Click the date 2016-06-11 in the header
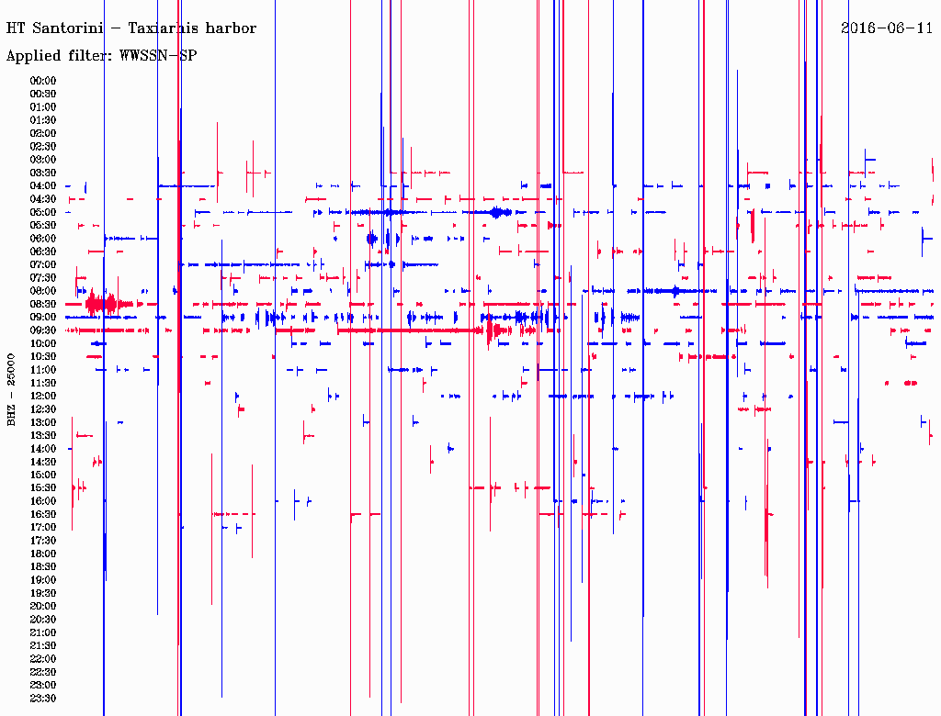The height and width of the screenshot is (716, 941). (887, 28)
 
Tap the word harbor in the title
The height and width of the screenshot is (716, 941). (230, 28)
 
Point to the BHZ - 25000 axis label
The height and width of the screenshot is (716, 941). (12, 389)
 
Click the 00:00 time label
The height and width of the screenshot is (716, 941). (43, 81)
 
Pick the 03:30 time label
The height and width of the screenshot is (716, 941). (43, 173)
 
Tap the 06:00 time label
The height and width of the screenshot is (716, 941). (43, 238)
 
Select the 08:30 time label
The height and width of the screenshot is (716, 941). (43, 304)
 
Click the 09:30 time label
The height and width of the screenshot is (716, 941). (43, 330)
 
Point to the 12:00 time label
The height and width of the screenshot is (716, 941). (43, 396)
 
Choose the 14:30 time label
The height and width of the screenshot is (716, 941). (43, 461)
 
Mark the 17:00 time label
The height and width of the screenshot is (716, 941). (43, 527)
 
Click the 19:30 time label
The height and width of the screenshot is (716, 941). (43, 593)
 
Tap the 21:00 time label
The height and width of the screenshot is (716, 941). (43, 632)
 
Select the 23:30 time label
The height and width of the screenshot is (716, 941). (43, 698)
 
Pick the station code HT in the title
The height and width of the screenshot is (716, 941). (16, 28)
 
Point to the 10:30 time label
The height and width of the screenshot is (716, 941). (43, 356)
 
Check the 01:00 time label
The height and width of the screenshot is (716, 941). (43, 106)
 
